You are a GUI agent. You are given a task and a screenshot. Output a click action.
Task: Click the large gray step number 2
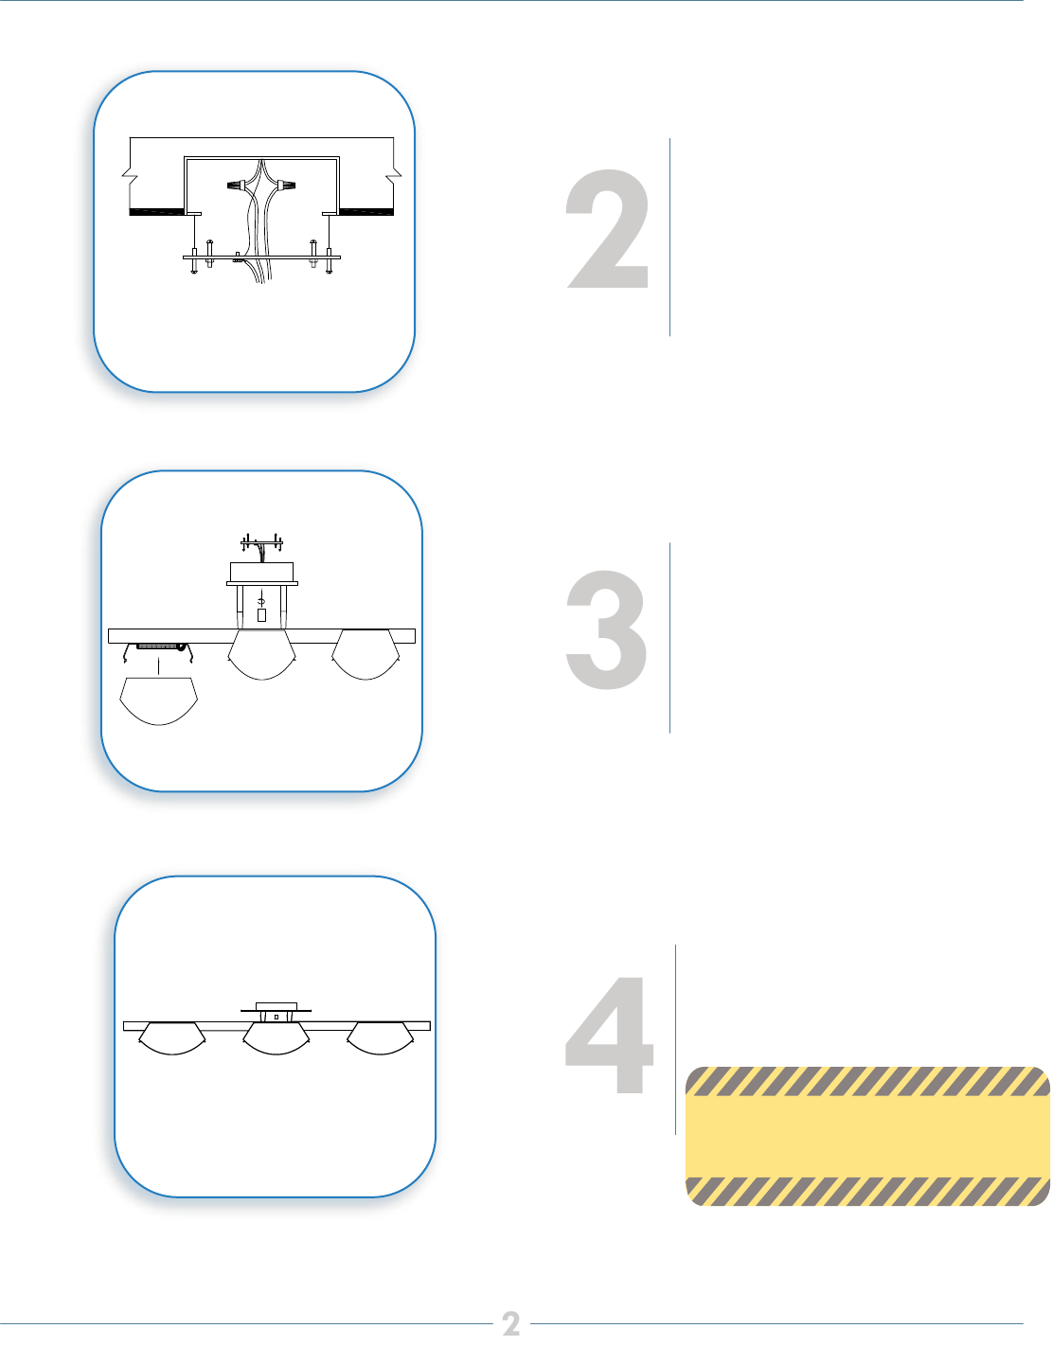click(x=608, y=229)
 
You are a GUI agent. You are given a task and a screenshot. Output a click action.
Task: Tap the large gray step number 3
click(x=607, y=630)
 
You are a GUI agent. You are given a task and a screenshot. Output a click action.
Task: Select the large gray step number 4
click(x=609, y=1035)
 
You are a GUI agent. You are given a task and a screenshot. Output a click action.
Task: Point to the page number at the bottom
click(x=511, y=1324)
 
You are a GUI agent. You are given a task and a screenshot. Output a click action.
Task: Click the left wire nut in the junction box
click(x=238, y=186)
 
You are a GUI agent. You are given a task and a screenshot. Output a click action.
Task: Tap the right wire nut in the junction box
click(x=286, y=185)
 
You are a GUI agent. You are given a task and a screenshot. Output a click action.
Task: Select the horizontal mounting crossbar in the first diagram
click(x=261, y=257)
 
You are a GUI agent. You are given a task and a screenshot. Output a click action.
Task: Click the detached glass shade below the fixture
click(x=159, y=701)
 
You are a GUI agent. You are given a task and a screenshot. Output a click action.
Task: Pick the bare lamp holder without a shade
click(x=160, y=648)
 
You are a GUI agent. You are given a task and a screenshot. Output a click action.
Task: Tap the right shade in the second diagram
click(x=366, y=655)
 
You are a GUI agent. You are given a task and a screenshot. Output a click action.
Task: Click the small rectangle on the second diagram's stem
click(x=261, y=615)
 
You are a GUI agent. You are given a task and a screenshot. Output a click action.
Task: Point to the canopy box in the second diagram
click(x=261, y=573)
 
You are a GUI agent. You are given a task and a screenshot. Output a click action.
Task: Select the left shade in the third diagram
click(x=172, y=1038)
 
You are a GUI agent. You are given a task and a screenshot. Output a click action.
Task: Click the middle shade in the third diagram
click(x=276, y=1038)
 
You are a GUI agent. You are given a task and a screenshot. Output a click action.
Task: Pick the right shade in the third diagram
click(x=380, y=1038)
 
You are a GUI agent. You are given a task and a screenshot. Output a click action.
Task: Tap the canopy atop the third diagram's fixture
click(x=276, y=1007)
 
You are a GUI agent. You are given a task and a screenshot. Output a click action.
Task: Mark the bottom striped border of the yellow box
click(x=867, y=1191)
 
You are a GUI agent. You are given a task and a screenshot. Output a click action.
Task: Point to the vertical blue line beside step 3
click(x=669, y=637)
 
